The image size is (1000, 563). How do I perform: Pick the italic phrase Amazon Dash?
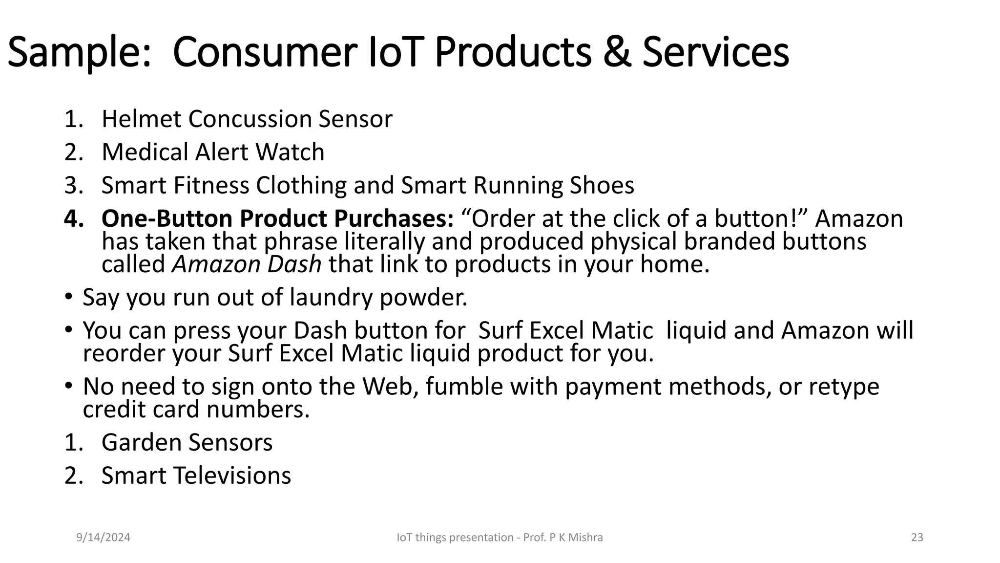coord(247,264)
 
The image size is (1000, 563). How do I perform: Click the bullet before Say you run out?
coord(69,296)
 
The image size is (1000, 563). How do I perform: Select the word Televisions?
coord(231,476)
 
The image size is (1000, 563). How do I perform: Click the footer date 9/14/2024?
coord(103,538)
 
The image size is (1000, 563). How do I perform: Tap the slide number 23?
coord(917,538)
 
